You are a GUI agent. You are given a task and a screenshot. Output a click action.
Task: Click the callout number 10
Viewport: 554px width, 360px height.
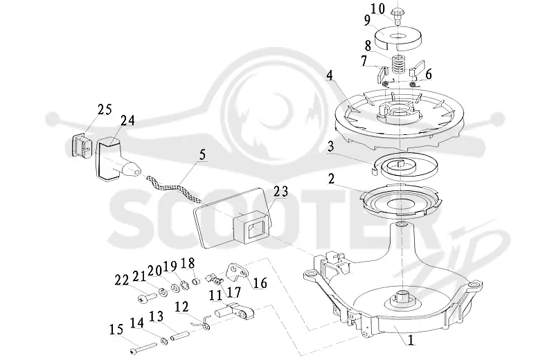pyautogui.click(x=377, y=9)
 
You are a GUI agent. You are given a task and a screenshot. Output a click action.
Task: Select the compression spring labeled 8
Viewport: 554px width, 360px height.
pyautogui.click(x=399, y=64)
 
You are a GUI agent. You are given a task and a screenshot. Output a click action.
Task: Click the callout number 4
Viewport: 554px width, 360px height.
pyautogui.click(x=329, y=75)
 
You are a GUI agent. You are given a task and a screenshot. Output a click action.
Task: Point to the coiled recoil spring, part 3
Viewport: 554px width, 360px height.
pyautogui.click(x=404, y=167)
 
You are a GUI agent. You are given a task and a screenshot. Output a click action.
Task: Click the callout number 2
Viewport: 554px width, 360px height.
pyautogui.click(x=428, y=74)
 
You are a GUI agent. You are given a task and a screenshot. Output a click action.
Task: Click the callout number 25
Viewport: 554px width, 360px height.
pyautogui.click(x=105, y=109)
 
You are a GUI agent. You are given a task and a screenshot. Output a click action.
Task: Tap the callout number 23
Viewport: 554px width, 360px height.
pyautogui.click(x=281, y=192)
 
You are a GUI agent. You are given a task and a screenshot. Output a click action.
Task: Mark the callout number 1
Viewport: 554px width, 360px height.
pyautogui.click(x=411, y=340)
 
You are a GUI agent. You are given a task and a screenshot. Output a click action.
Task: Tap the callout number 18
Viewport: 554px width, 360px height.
pyautogui.click(x=188, y=263)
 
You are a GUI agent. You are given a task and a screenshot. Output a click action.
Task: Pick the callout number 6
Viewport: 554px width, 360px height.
pyautogui.click(x=428, y=74)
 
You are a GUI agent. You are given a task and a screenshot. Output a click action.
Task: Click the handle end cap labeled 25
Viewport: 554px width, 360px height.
pyautogui.click(x=82, y=145)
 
